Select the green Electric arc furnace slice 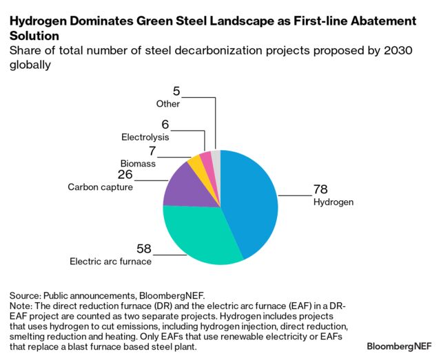(200, 234)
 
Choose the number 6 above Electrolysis (165, 124)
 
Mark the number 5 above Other (176, 90)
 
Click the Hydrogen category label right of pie (333, 202)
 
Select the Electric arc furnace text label (110, 262)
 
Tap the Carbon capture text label (100, 187)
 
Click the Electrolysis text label (145, 137)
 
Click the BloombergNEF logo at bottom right (399, 344)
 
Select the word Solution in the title (34, 34)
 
